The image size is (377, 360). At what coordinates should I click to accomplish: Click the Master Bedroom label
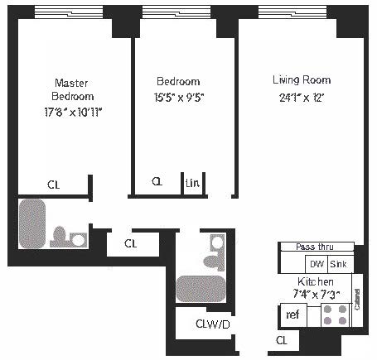click(71, 89)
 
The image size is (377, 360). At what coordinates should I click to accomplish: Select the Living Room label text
click(302, 80)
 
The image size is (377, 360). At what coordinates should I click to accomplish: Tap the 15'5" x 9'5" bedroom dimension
click(178, 96)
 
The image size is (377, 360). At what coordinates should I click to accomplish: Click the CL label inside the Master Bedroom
click(53, 185)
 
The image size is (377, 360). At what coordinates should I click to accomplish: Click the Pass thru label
click(315, 247)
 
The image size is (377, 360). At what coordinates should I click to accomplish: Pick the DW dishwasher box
click(316, 264)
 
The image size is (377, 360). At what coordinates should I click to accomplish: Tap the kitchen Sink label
click(338, 264)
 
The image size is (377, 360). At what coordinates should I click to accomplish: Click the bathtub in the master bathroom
click(33, 223)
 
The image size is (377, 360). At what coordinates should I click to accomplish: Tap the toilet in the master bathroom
click(65, 238)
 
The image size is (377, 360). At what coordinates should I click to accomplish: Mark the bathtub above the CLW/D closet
click(199, 288)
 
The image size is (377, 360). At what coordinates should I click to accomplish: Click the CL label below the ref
click(281, 340)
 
